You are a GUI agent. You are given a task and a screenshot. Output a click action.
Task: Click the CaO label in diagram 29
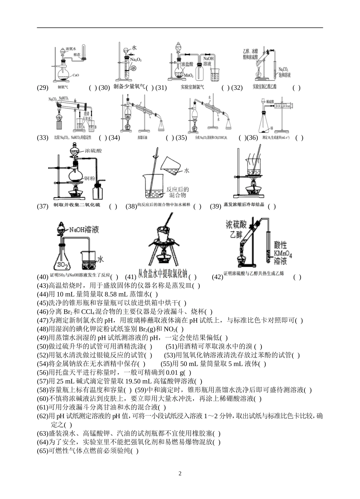click(75, 75)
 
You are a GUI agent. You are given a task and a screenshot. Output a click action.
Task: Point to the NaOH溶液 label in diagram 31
click(209, 61)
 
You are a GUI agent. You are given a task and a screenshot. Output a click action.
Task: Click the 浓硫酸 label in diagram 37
click(94, 151)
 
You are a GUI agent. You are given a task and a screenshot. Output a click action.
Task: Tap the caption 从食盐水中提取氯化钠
click(163, 274)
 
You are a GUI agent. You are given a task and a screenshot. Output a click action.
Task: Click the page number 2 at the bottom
click(180, 474)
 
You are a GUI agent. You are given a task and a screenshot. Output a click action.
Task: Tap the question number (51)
click(172, 346)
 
